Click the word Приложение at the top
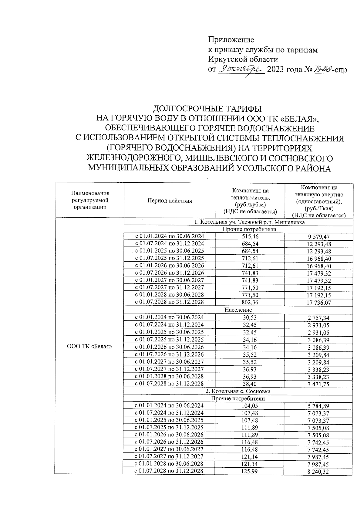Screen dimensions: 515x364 [x=231, y=40]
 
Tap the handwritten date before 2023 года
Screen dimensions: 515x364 [x=241, y=69]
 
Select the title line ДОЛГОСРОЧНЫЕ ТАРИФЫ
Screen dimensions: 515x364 [x=207, y=108]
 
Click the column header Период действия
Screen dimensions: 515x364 [x=170, y=201]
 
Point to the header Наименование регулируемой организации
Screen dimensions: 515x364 [x=89, y=200]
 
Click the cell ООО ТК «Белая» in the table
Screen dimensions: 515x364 [x=89, y=347]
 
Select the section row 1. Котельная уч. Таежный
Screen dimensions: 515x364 [x=249, y=222]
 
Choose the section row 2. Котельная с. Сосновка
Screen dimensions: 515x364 [x=238, y=391]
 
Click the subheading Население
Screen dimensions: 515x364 [x=238, y=310]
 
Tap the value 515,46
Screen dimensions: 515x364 [x=251, y=236]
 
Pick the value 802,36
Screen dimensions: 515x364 [x=251, y=302]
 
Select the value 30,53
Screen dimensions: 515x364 [x=251, y=317]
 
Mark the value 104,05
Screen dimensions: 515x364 [x=251, y=406]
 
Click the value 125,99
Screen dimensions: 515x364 [x=251, y=471]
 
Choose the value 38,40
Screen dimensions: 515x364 [x=251, y=384]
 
